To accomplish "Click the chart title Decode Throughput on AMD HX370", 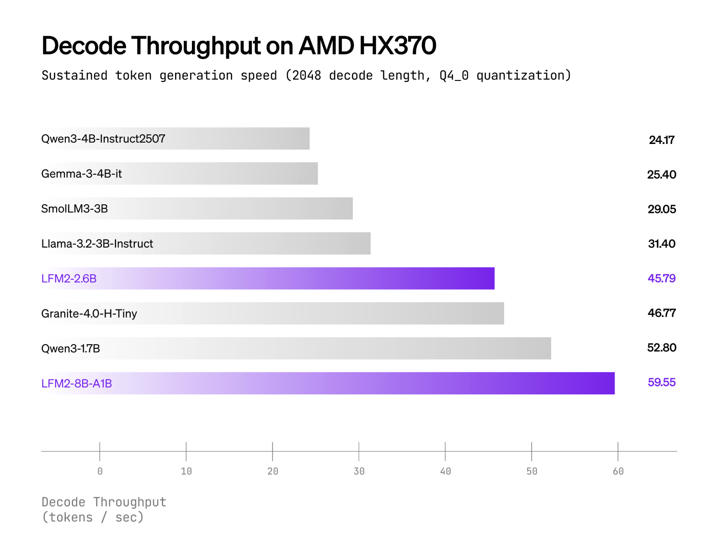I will pos(239,46).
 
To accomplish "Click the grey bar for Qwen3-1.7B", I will pos(320,348).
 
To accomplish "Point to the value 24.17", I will pos(661,140).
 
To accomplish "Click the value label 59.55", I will pos(661,383).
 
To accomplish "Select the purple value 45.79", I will pos(661,278).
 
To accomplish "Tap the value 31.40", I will pos(661,244).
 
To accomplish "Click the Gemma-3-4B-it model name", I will pos(81,174).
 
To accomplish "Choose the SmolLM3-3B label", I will pos(74,209).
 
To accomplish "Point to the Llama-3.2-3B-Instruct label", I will pos(97,244).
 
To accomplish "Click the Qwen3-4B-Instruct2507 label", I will pos(103,139).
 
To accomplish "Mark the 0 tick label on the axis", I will pos(100,471).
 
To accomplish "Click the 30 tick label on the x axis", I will pos(359,471).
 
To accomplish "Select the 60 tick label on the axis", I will pos(618,471).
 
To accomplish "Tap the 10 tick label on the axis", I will pos(186,471).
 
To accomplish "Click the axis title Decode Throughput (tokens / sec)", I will pos(104,510).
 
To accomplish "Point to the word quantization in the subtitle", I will pos(520,75).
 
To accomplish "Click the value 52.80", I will pos(661,348).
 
